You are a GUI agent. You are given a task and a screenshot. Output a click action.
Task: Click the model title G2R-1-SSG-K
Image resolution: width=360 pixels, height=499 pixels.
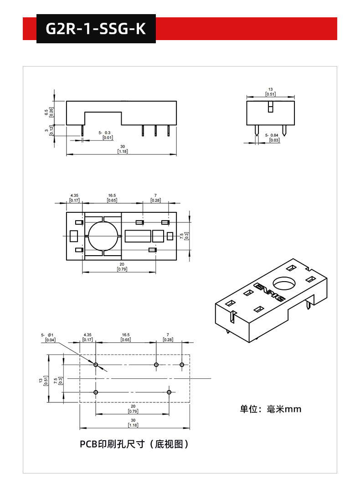[96, 29]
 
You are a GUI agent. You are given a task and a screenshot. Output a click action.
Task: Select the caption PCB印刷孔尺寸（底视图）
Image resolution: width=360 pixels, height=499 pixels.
[134, 444]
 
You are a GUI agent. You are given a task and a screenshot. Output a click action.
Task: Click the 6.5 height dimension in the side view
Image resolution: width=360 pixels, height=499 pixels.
[46, 112]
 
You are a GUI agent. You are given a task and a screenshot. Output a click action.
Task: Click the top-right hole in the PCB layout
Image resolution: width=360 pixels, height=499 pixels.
[182, 365]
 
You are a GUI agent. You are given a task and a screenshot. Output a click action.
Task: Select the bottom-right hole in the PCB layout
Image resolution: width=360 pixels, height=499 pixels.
[169, 392]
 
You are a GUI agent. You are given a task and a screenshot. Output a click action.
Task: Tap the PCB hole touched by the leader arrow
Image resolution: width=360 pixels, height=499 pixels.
[96, 365]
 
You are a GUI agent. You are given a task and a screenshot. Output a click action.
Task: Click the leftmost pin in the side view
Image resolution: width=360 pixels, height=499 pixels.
[82, 131]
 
